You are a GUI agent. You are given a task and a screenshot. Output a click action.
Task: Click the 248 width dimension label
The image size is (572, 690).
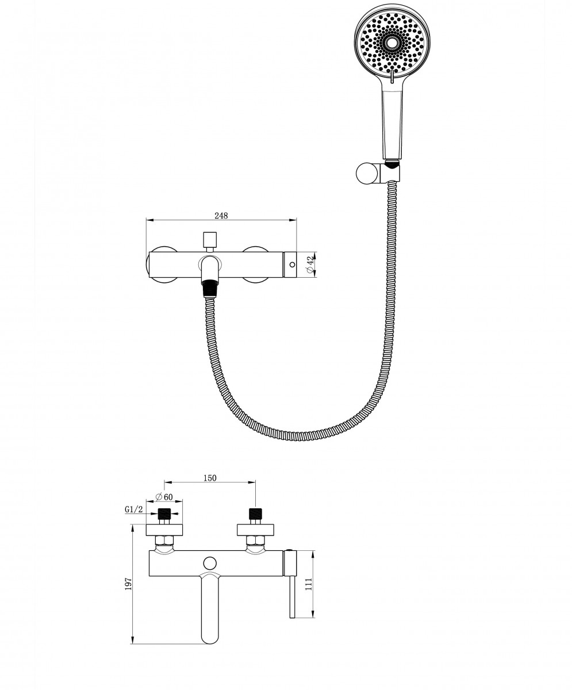(221, 216)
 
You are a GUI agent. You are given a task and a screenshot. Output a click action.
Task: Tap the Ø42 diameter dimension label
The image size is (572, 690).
(310, 264)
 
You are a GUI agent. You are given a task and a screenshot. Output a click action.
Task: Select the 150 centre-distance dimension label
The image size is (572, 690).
(210, 478)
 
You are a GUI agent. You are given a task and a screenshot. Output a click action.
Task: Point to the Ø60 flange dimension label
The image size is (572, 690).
(164, 497)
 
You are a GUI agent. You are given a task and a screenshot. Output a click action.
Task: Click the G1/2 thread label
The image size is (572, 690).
(134, 509)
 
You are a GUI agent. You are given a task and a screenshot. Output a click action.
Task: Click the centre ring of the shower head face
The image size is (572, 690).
(392, 43)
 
